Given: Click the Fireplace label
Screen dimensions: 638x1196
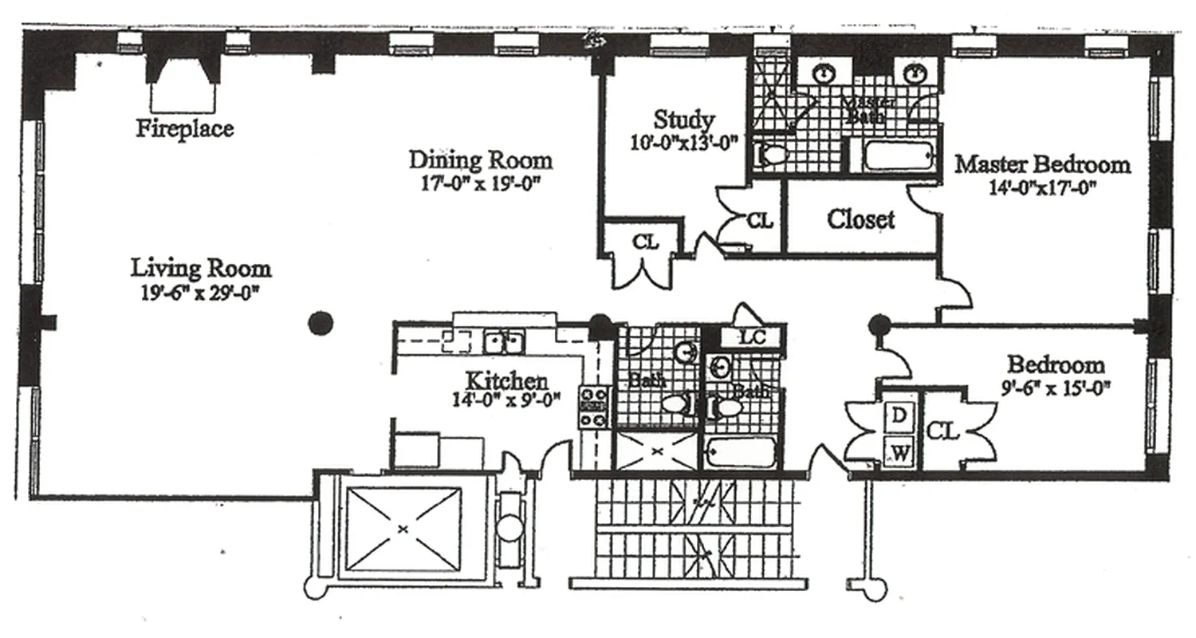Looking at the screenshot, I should point(184,128).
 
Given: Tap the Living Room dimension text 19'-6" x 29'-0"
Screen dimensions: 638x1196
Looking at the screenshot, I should point(200,293).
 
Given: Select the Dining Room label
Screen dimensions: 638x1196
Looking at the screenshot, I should point(480,159).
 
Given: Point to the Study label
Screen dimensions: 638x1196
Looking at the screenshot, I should point(683,120).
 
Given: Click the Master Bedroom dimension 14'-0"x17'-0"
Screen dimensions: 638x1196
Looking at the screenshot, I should point(1042,188).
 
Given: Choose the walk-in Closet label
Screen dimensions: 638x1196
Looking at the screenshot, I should point(860,219).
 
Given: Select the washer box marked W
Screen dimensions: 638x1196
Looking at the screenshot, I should point(899,454).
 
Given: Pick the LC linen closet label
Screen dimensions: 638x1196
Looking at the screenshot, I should point(752,337).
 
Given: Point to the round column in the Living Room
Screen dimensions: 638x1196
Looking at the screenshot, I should point(320,323).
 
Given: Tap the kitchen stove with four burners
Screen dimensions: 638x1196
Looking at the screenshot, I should point(595,407).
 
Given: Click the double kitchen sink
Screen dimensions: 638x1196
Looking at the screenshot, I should point(504,343).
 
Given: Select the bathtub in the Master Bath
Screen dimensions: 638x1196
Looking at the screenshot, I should point(898,156).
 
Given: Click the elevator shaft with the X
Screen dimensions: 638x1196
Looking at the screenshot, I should point(403,528).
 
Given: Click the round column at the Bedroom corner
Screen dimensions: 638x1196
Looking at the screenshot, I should point(879,324).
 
